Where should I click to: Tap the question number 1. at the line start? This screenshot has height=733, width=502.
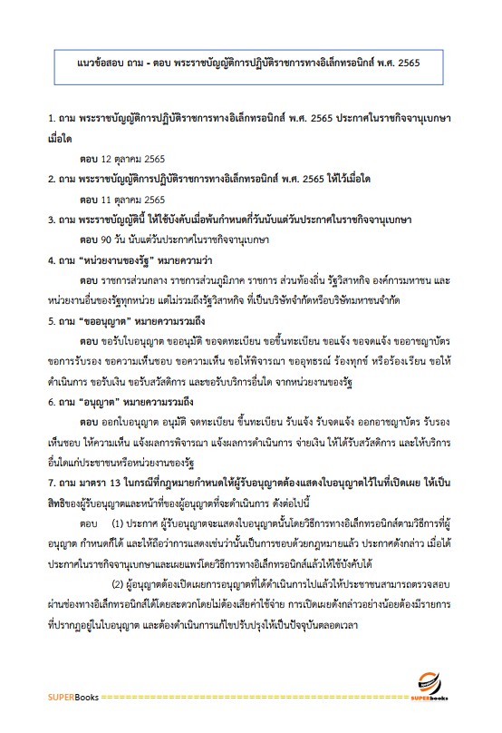[x=53, y=119]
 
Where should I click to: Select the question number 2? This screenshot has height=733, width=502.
[x=53, y=179]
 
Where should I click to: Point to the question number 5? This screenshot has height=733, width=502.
[x=53, y=320]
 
